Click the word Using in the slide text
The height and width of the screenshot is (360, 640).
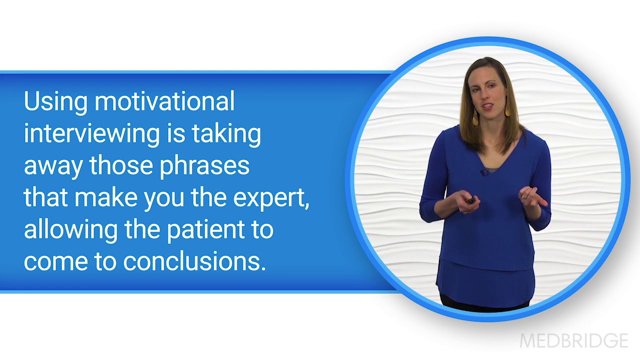pos(55,102)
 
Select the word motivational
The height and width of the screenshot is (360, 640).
pos(164,101)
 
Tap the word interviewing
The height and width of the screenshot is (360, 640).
pos(91,134)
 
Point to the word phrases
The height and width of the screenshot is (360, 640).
pos(204,166)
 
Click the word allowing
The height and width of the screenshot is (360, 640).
pos(64,230)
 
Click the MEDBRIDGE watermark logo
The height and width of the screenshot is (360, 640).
pos(573,341)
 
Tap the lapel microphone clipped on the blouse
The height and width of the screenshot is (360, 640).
pos(484,172)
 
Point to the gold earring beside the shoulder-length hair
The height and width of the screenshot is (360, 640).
pos(474,117)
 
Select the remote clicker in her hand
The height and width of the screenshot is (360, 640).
pos(470,200)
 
